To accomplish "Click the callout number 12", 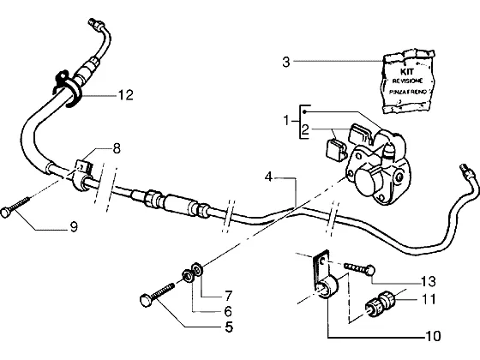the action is (126, 95).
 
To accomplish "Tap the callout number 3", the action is (285, 62).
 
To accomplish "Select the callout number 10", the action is (433, 336).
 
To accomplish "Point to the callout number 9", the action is (74, 227).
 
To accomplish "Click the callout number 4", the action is (268, 177).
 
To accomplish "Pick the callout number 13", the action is (428, 281).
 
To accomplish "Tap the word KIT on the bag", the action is (407, 72).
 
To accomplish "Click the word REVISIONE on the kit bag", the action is (407, 81).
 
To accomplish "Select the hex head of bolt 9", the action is (5, 213).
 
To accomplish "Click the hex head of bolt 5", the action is (145, 299).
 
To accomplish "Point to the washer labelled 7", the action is (198, 268).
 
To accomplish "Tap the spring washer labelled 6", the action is (188, 275).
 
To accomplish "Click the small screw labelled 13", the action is (360, 268).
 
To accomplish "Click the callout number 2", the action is (305, 129).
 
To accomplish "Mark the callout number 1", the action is (286, 120).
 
